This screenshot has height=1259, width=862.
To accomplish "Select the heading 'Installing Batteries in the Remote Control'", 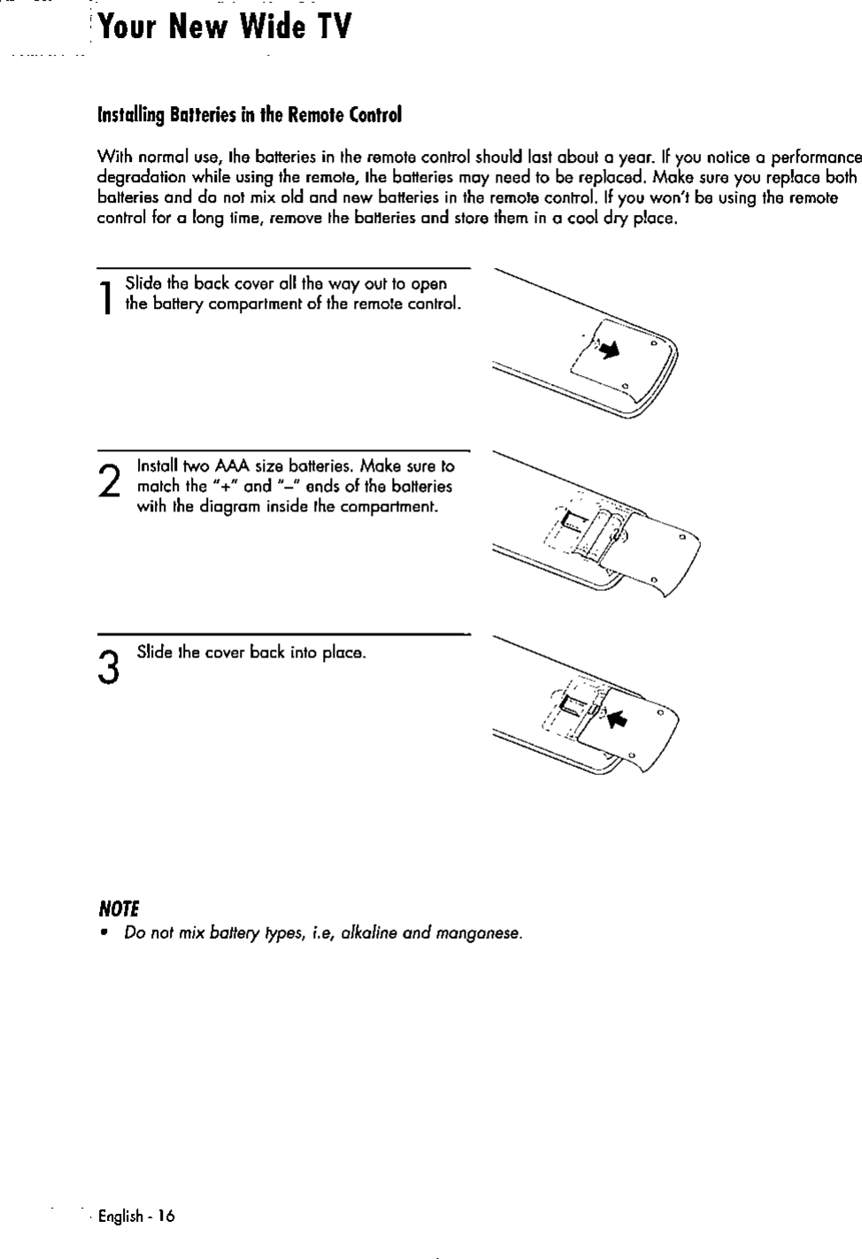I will pos(249,116).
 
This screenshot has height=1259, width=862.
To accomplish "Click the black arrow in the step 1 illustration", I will pos(609,351).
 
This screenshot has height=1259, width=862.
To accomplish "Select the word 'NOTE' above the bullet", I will pos(119,910).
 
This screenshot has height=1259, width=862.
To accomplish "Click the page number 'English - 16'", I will pos(136,1216).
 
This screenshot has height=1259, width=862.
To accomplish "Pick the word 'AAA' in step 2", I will pos(232,466).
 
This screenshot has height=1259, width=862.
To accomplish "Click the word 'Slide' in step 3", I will pos(152,653).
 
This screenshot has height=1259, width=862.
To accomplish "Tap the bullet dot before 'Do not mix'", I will pos(104,933).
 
